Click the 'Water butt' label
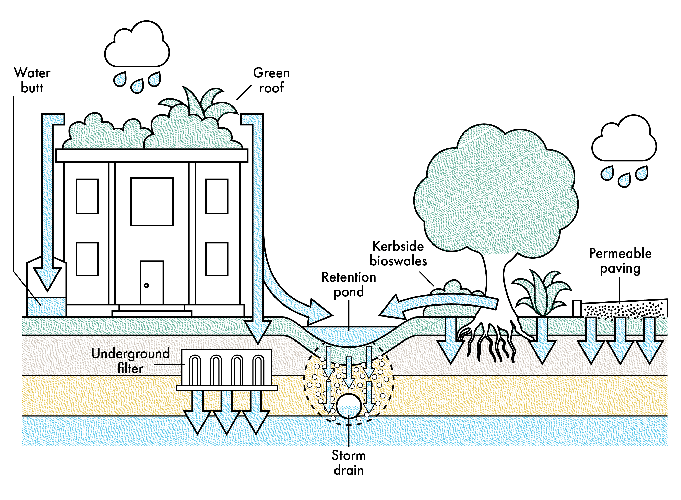[32, 80]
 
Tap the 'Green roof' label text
[271, 80]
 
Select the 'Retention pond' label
[349, 285]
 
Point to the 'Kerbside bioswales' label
[398, 254]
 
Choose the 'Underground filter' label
[130, 361]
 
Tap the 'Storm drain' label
[349, 463]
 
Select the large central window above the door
[152, 202]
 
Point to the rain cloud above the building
[137, 45]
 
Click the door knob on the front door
[146, 285]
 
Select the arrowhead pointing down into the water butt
[47, 278]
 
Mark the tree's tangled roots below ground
[487, 342]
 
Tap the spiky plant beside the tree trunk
[542, 294]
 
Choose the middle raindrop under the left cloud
[137, 86]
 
